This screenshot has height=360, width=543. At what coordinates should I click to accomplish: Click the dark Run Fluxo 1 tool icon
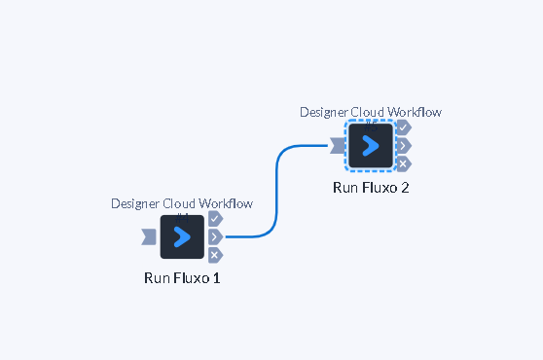coord(182,236)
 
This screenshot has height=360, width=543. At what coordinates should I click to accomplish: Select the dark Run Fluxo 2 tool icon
coord(371,145)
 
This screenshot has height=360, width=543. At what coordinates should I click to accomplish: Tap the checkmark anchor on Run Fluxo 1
coord(215,219)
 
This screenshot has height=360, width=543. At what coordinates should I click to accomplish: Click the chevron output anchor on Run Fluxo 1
coord(215,237)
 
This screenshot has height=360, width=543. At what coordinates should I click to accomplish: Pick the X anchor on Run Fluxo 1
coord(215,256)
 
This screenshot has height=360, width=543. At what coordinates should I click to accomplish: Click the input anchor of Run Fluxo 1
coord(149,237)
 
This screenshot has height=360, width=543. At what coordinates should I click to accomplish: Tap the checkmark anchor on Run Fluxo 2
coord(404,127)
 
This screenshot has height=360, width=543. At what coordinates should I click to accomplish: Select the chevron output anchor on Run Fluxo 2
coord(404,146)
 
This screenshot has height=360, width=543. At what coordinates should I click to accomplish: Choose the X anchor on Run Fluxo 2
coord(404,164)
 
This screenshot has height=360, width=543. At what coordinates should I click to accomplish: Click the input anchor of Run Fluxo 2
coord(338,146)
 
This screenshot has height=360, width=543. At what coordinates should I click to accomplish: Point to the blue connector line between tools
coord(276,191)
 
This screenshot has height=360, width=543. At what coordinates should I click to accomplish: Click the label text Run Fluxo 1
coord(182,278)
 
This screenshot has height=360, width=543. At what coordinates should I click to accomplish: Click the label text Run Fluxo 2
coord(371,188)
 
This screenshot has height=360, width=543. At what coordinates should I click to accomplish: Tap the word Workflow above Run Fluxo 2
coord(415,112)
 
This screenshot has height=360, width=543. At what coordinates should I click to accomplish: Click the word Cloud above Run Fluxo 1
coord(179,203)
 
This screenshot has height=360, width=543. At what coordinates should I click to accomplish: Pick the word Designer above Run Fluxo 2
coord(323,113)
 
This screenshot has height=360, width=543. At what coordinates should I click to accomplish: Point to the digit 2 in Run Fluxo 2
coord(405,188)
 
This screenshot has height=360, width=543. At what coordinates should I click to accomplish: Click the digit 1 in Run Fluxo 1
coord(216,278)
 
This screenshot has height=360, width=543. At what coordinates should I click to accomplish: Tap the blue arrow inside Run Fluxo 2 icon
coord(370,146)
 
